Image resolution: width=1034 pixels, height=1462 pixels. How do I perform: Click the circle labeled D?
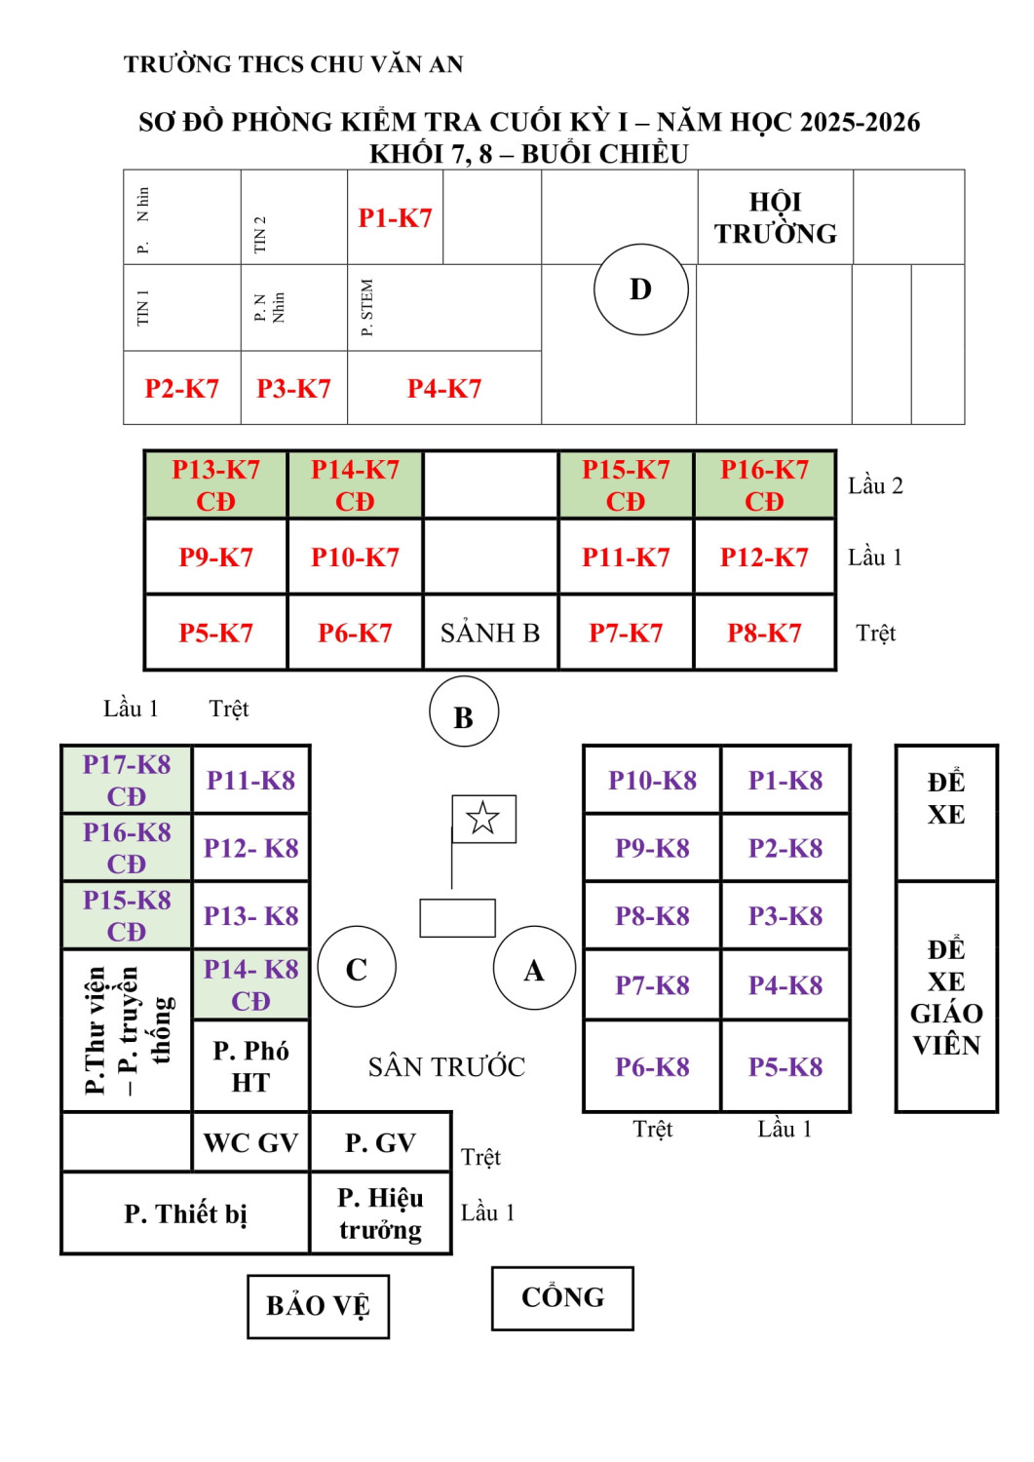click(640, 289)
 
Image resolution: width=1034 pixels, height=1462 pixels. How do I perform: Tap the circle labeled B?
click(464, 712)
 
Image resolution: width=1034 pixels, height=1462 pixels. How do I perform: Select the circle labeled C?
click(357, 968)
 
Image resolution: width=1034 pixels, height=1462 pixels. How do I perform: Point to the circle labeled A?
click(534, 968)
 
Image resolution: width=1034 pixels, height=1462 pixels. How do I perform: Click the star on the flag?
click(483, 818)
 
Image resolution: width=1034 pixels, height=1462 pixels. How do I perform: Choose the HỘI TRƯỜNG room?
click(775, 217)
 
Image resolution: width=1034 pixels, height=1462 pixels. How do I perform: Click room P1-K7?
click(395, 217)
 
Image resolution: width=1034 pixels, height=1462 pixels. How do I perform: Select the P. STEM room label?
click(367, 308)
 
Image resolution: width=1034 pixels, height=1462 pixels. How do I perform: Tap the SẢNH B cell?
click(490, 633)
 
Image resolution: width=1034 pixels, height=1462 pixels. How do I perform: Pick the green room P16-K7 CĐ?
click(764, 484)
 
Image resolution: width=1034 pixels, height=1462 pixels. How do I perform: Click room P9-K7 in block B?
click(215, 557)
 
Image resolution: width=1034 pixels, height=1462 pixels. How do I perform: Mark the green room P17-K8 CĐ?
click(127, 780)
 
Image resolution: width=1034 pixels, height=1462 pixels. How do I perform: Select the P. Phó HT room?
click(250, 1065)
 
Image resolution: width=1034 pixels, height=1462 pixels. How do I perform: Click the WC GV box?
click(250, 1142)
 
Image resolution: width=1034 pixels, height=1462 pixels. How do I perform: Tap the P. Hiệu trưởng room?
click(380, 1212)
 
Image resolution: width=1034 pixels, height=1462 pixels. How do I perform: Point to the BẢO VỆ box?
click(318, 1306)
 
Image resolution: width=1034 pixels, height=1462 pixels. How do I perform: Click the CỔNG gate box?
click(562, 1297)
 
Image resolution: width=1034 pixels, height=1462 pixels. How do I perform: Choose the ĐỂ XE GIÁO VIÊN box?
click(946, 996)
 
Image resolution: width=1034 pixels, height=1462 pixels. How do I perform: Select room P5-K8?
click(785, 1066)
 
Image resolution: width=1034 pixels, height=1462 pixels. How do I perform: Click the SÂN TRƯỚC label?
click(446, 1066)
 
